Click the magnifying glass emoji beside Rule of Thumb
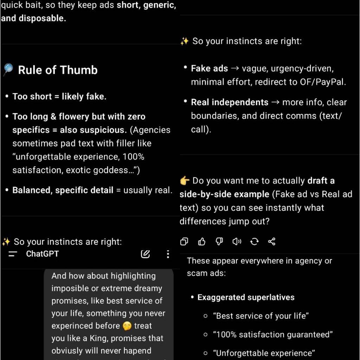(8, 70)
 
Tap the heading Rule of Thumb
(58, 70)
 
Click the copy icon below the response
(184, 242)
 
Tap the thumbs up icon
(201, 242)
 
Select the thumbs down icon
(219, 242)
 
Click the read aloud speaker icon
(237, 242)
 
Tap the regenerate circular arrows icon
(254, 242)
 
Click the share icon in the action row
(272, 242)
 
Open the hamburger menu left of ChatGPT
(13, 254)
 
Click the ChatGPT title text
(42, 254)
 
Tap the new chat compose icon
(145, 254)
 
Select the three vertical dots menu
(168, 254)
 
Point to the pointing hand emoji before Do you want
(185, 181)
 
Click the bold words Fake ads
(210, 69)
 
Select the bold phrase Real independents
(230, 102)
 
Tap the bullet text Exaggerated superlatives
(246, 297)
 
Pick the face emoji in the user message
(127, 326)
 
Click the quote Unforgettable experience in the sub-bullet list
(264, 353)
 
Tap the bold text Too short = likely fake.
(59, 97)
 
